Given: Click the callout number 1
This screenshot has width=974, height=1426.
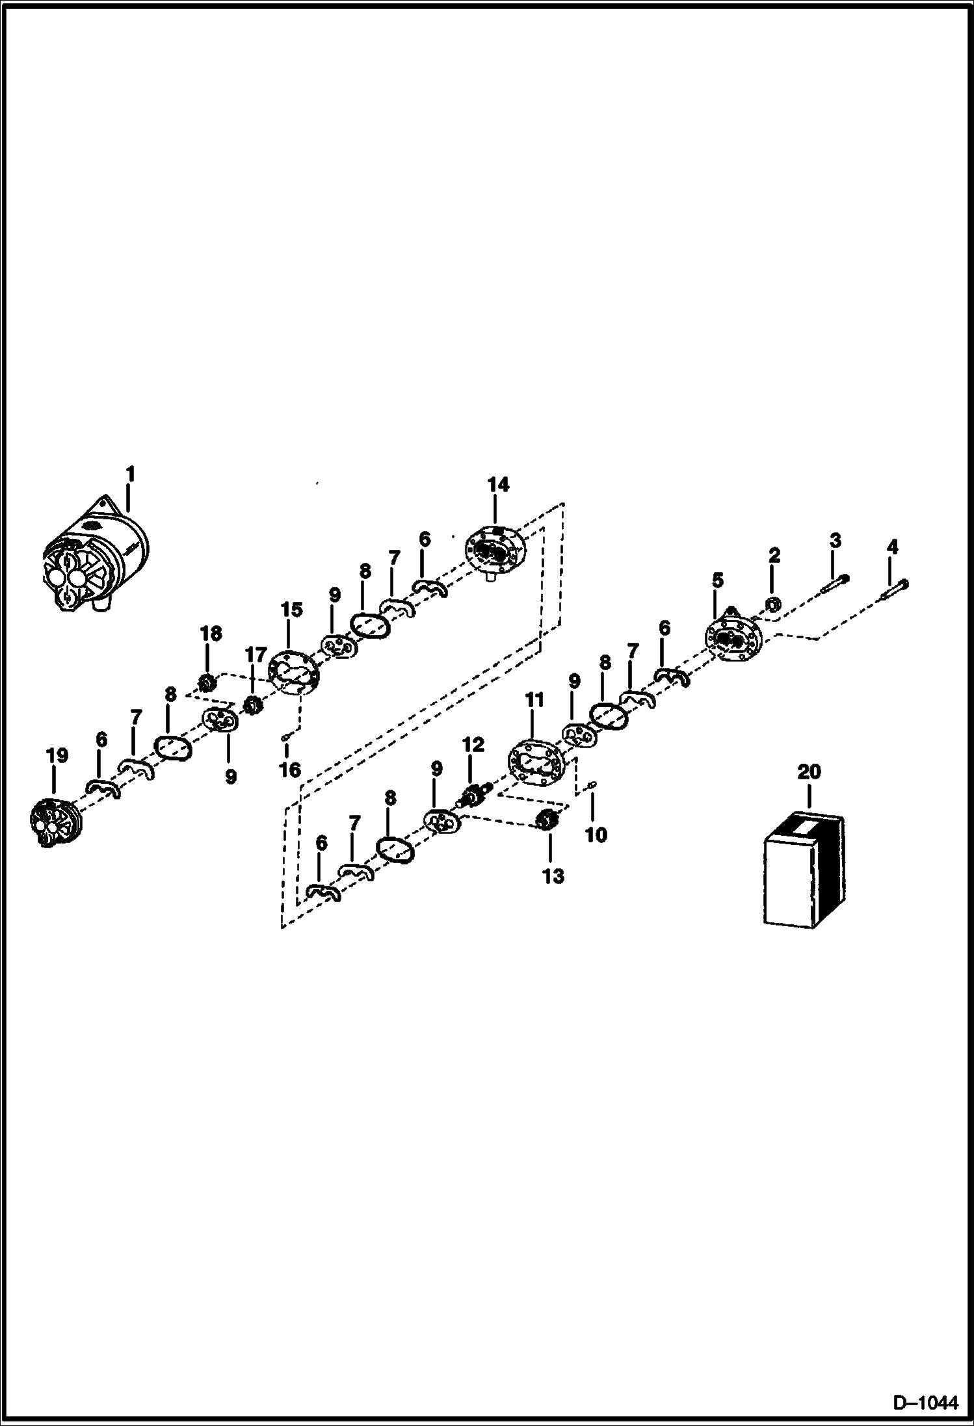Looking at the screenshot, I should click(x=130, y=474).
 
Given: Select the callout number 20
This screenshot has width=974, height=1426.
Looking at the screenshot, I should click(x=809, y=771).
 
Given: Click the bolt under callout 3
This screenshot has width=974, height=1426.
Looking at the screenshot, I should click(x=836, y=584).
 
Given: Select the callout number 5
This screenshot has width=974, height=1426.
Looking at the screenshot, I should click(x=717, y=580).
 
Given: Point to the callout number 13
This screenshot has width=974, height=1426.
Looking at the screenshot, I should click(x=553, y=876).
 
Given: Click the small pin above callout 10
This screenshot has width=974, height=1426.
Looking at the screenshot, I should click(x=592, y=787).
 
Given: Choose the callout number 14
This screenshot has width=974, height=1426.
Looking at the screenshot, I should click(x=498, y=485).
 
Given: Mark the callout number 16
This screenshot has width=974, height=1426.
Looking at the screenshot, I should click(x=290, y=770).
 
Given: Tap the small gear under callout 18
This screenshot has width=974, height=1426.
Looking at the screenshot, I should click(x=207, y=683).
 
